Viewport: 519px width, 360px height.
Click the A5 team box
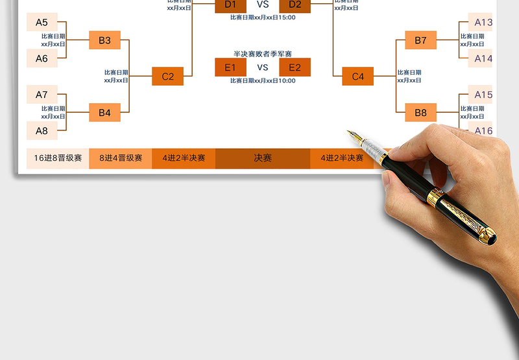click(42, 22)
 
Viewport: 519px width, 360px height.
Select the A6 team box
click(42, 58)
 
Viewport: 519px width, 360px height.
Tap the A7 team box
click(42, 95)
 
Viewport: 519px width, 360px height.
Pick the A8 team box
click(42, 130)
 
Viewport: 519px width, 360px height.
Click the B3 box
click(104, 40)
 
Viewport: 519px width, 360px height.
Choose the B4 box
click(104, 113)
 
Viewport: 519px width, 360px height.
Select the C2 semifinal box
click(167, 77)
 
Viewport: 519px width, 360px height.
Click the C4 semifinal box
click(358, 77)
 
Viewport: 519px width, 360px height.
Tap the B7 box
click(420, 40)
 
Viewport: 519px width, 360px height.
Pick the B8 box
click(420, 113)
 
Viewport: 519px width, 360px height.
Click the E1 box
click(230, 67)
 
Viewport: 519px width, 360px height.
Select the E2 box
click(295, 67)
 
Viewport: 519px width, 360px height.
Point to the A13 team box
click(482, 22)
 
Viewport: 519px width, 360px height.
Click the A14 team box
click(482, 58)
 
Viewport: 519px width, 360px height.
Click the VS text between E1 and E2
click(263, 67)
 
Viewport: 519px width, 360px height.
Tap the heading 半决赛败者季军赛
click(263, 54)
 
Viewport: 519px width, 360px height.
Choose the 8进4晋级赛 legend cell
click(121, 158)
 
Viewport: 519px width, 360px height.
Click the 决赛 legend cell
click(263, 158)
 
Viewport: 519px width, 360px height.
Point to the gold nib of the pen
click(354, 137)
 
